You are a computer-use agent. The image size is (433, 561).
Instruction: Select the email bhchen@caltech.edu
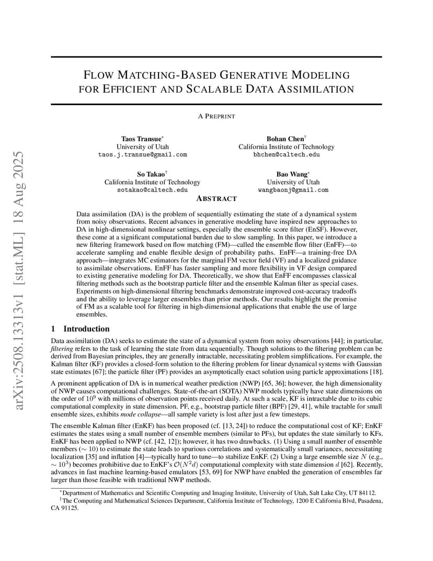286,155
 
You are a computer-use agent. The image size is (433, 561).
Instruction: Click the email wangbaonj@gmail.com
293,190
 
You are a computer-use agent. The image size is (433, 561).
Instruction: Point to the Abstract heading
216,199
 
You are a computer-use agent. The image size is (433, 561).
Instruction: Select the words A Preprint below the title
216,116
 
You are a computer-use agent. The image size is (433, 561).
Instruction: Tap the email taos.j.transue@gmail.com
142,155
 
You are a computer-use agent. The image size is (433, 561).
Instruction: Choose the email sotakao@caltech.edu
152,190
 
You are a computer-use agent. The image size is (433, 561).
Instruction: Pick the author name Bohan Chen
284,139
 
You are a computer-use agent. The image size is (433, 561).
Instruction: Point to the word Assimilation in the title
315,89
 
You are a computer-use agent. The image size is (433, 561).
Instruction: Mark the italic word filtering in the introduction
61,348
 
